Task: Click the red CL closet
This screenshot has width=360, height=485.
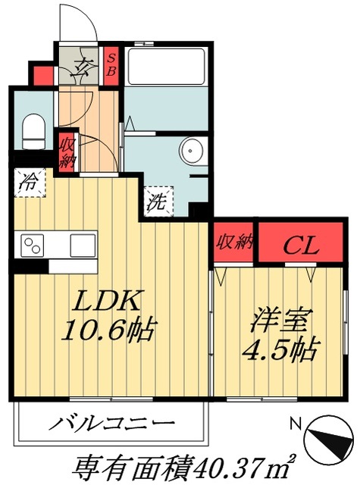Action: coord(301,244)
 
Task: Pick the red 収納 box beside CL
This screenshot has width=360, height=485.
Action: coord(233,243)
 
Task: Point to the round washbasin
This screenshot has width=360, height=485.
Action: coord(189,150)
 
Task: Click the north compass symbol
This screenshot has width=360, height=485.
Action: coord(327,439)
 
